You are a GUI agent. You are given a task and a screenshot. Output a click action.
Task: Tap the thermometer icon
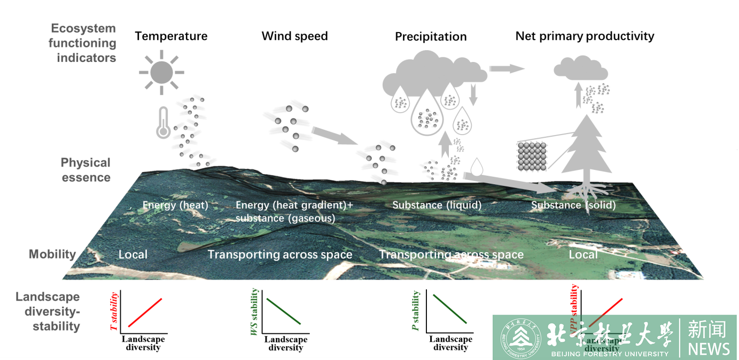[162, 123]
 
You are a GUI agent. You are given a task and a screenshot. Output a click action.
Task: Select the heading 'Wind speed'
[294, 36]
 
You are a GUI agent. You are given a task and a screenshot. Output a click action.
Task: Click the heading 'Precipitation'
[431, 37]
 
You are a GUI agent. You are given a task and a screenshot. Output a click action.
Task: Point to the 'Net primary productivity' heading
[585, 36]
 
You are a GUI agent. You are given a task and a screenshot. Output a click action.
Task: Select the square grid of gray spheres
[531, 157]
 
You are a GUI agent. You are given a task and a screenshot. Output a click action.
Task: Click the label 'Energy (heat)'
[175, 205]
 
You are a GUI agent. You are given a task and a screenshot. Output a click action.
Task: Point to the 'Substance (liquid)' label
[437, 205]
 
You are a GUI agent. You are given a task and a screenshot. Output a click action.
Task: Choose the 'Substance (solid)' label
[573, 205]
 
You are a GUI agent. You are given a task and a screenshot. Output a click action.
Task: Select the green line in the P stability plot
[450, 309]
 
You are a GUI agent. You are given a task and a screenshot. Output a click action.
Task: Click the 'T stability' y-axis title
[114, 311]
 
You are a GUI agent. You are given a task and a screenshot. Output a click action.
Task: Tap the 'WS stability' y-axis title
[254, 312]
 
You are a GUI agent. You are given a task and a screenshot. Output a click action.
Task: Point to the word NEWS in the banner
[709, 349]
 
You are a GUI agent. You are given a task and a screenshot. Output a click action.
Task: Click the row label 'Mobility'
[52, 254]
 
